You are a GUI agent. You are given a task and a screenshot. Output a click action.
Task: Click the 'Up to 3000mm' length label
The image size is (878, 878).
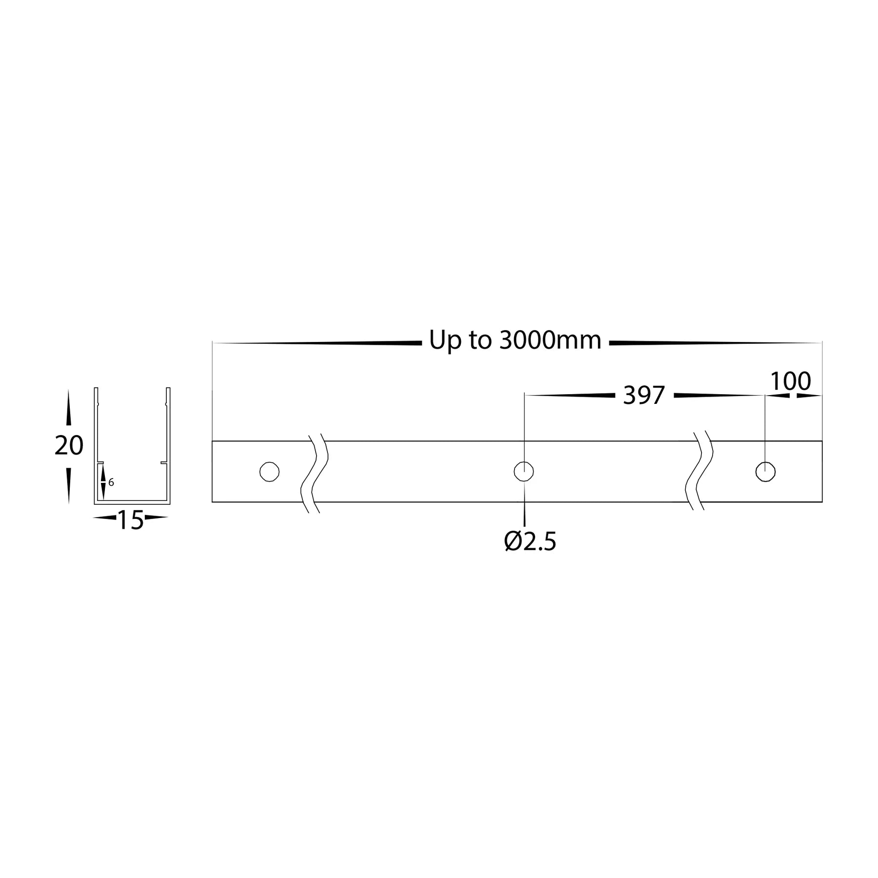[515, 340]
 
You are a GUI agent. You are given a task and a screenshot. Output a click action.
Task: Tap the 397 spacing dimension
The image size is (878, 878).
[644, 395]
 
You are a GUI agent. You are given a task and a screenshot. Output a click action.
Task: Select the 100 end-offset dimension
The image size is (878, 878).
[790, 381]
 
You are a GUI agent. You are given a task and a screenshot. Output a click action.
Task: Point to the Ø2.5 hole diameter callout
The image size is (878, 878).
[530, 541]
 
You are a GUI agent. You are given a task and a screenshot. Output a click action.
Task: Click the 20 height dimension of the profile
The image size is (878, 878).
[69, 446]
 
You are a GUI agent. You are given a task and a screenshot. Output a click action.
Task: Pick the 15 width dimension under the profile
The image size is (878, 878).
[130, 521]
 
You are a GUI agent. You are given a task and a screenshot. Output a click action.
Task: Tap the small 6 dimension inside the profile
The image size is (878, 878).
[111, 482]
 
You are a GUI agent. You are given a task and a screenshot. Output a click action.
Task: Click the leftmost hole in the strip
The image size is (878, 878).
[269, 472]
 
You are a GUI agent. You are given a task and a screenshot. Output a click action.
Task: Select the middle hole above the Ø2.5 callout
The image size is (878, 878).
[524, 472]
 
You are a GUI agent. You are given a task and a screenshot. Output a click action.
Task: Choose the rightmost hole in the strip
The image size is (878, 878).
[765, 472]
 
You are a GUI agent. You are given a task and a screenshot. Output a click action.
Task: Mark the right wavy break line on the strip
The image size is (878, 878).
[699, 472]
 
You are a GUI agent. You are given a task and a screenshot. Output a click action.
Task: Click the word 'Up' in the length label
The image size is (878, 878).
[444, 340]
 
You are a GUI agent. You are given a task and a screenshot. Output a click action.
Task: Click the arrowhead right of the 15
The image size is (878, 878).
[156, 518]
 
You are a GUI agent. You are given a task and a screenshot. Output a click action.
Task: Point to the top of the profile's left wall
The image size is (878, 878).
[96, 389]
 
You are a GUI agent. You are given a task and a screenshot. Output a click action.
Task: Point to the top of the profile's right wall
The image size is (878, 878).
[168, 389]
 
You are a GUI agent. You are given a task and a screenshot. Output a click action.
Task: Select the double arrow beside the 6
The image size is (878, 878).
[103, 482]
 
